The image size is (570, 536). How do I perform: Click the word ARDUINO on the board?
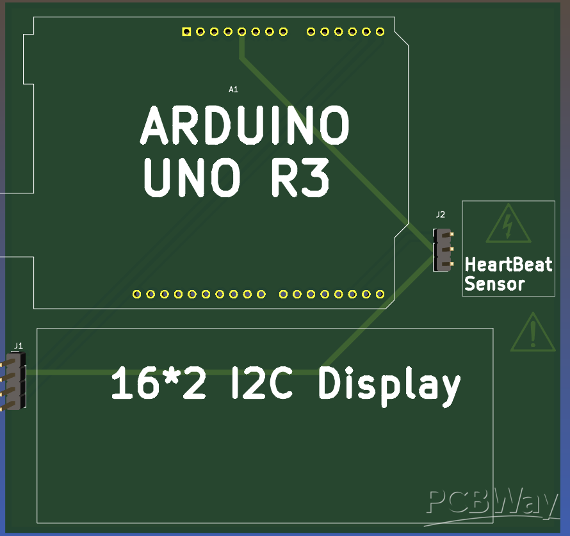[245, 126]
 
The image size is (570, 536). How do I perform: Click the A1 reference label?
[234, 90]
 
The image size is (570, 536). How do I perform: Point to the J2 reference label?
[440, 215]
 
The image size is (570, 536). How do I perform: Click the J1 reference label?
[19, 346]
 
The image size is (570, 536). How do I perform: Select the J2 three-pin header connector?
[442, 249]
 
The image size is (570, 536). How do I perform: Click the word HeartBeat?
[508, 264]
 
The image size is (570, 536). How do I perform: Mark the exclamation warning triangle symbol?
[533, 332]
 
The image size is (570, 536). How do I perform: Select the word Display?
[389, 385]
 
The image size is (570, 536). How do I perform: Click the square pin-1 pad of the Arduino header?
[186, 31]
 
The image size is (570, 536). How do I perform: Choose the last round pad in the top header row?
[380, 31]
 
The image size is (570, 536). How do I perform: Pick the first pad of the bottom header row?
[136, 294]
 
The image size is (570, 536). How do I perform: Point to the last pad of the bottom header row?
[380, 294]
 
